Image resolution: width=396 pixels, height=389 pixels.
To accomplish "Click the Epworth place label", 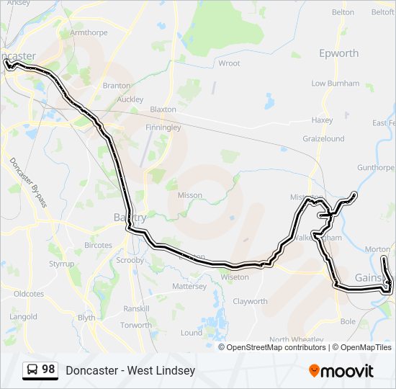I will point(338,53).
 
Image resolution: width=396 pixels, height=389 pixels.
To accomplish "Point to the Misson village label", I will point(189,195).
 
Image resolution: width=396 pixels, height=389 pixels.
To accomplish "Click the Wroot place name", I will point(229,63).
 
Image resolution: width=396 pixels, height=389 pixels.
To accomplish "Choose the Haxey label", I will point(321,120).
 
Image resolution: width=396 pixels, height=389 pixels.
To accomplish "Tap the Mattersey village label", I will point(189,286).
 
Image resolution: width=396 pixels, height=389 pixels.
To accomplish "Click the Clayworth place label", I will point(250,302).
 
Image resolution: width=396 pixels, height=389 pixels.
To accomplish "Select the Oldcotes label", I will point(29,294).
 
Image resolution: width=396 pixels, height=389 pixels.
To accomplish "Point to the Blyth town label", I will point(86,318).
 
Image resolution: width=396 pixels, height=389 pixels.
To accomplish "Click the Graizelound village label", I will point(323,139).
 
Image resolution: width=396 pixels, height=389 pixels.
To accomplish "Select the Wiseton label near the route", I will point(235,277).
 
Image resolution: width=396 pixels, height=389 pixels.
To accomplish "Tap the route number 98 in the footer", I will point(48,370).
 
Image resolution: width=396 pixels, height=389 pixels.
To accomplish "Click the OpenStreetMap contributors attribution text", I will point(276,347).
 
